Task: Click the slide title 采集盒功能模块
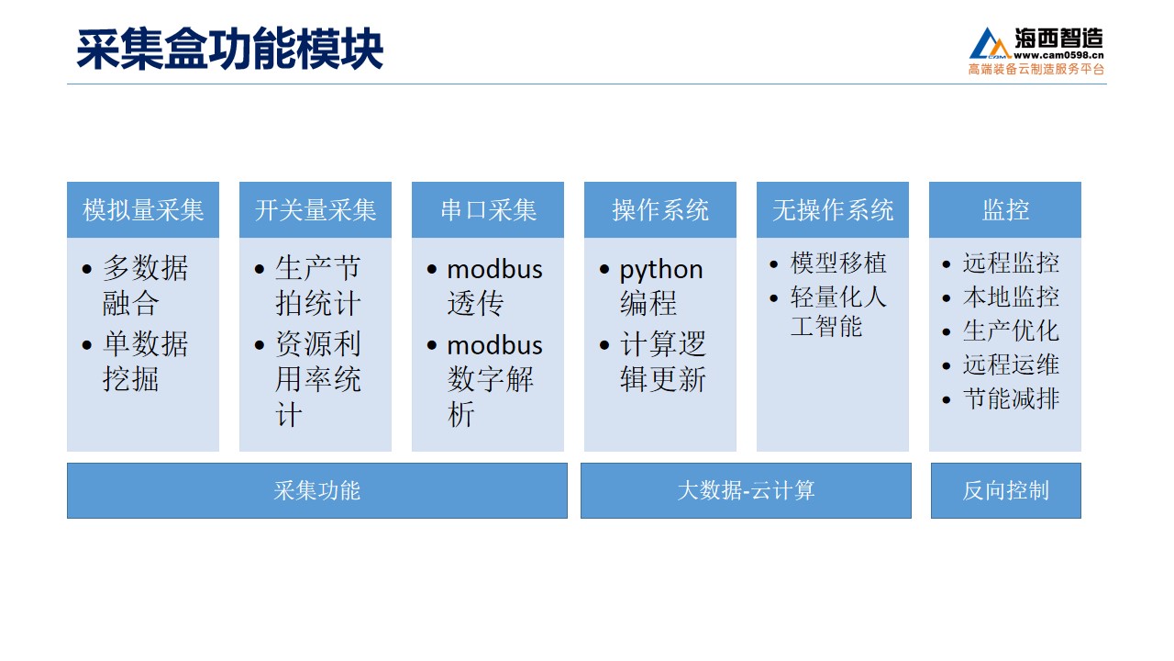click(229, 50)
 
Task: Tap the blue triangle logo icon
click(990, 43)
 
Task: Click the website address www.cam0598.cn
click(1058, 55)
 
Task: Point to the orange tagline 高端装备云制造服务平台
click(1036, 69)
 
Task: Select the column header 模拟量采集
click(143, 210)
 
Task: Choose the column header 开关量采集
click(316, 210)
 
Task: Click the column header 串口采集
click(488, 210)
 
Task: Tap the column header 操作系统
click(660, 210)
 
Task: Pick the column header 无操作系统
click(833, 210)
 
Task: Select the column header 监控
click(1005, 210)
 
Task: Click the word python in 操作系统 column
click(661, 271)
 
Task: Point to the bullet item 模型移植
click(838, 263)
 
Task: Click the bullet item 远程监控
click(1011, 263)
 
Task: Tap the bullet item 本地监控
click(1011, 297)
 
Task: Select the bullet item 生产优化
click(1011, 331)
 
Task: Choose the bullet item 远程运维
click(1011, 365)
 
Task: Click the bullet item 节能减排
click(1011, 399)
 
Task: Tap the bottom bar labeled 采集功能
click(317, 490)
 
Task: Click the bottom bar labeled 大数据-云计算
click(746, 490)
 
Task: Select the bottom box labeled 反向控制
click(1006, 490)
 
